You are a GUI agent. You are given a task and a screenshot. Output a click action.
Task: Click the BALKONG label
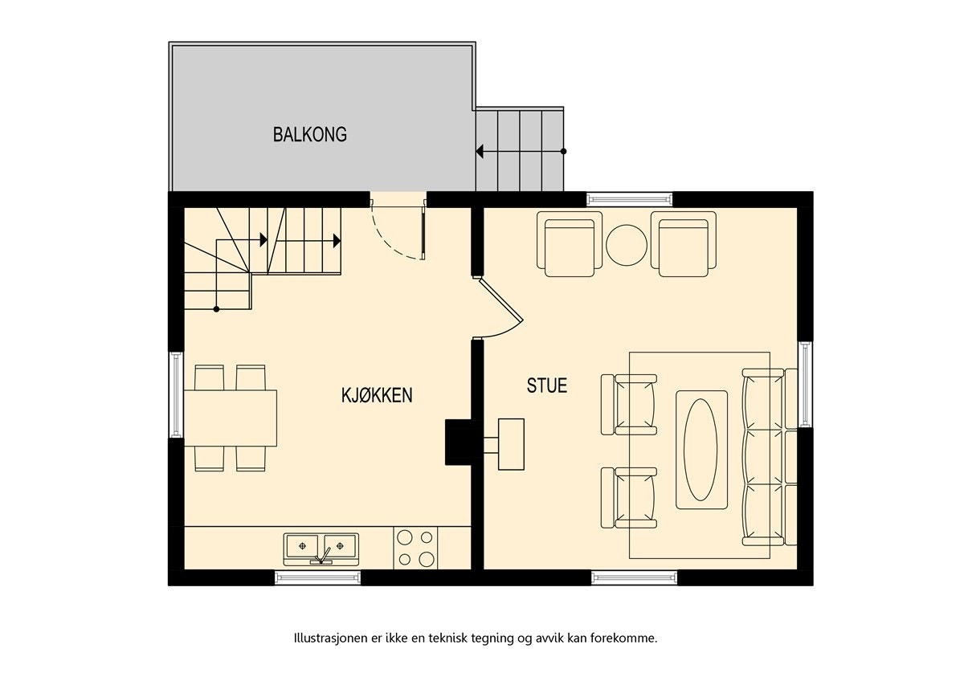click(x=309, y=134)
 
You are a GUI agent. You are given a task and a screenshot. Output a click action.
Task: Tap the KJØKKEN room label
click(x=377, y=395)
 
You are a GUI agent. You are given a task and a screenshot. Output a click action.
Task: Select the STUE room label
click(x=546, y=385)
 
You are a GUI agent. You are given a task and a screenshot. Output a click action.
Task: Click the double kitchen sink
click(x=321, y=548)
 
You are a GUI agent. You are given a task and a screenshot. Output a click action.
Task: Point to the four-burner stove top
click(x=416, y=548)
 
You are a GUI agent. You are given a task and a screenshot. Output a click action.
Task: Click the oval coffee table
click(x=701, y=450)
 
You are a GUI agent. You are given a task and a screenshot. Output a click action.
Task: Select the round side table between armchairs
click(x=627, y=244)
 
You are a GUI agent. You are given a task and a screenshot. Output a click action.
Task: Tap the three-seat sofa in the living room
click(x=762, y=456)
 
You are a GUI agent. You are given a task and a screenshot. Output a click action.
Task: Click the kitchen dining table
click(x=231, y=418)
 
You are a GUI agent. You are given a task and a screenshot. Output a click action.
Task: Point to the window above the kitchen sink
click(x=317, y=577)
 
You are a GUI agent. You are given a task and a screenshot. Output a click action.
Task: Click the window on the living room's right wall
click(x=805, y=384)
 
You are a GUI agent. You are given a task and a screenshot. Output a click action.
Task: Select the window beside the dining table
click(x=176, y=394)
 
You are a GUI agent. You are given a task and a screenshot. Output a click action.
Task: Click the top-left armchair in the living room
click(x=570, y=245)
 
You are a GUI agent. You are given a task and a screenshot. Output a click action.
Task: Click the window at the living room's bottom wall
click(x=635, y=577)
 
